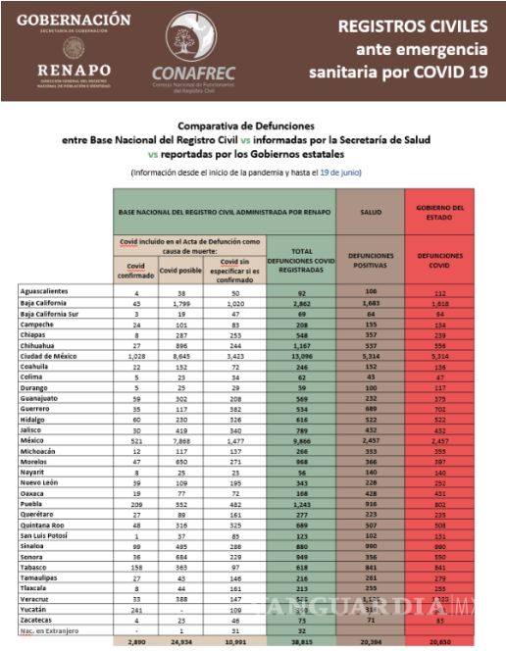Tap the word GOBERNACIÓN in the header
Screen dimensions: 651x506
[x=74, y=20]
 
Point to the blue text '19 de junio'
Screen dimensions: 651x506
[x=339, y=173]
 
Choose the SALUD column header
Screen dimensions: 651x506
[x=370, y=211]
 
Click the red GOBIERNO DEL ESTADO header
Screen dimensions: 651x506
[x=439, y=211]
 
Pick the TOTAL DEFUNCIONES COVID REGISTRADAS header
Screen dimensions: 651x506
[x=300, y=259]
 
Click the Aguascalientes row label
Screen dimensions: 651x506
[x=46, y=292]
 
